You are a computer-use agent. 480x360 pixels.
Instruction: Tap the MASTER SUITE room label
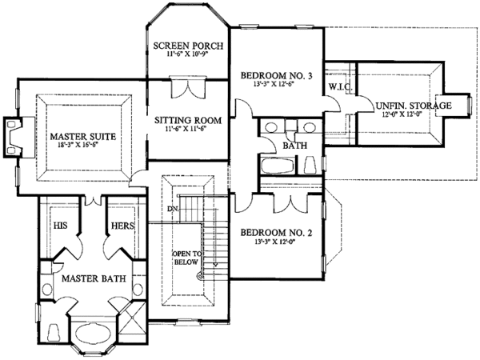[x=81, y=137]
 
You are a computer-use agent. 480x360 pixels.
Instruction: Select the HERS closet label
[x=122, y=226]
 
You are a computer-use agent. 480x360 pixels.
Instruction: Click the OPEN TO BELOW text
[x=185, y=261]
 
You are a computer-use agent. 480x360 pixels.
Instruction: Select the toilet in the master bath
[x=54, y=331]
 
